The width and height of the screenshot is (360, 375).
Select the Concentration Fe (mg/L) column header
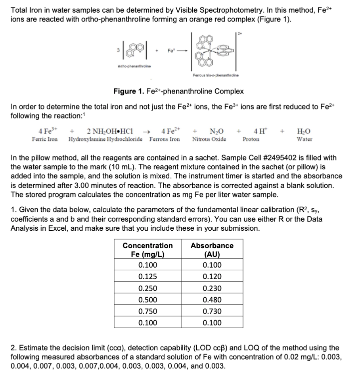148,250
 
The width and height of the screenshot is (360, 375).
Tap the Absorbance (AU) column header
212,250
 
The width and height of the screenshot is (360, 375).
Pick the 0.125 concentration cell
148,277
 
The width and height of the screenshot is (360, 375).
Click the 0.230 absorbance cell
212,288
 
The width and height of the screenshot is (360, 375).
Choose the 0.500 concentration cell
148,300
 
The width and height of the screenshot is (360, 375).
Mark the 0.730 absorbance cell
212,311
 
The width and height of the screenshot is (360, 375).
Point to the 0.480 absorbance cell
212,300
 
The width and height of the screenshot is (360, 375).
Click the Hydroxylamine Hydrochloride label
107,139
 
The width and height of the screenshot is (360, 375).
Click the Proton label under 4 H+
251,139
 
